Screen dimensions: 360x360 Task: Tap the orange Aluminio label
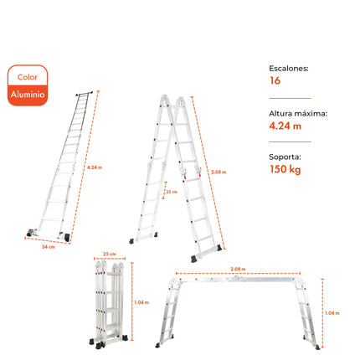pyautogui.click(x=28, y=95)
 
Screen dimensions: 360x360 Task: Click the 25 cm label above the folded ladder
pyautogui.click(x=109, y=253)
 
